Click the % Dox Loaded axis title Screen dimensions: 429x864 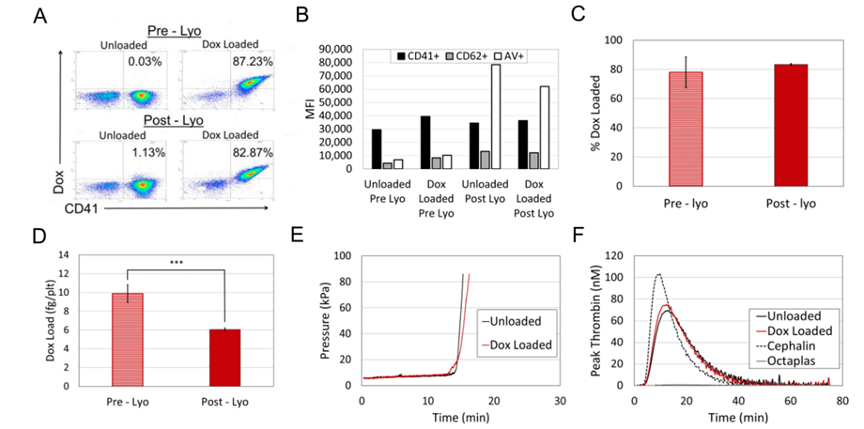[x=591, y=113]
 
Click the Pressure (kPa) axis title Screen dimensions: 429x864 [x=321, y=319]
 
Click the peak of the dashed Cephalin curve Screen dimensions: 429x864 [x=659, y=274]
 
